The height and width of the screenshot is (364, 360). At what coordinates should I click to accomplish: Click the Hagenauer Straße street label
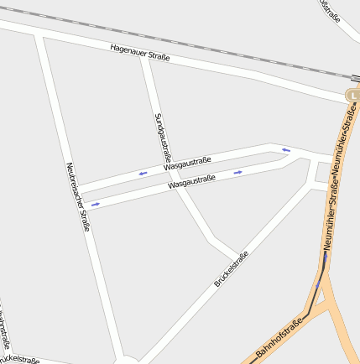pos(140,53)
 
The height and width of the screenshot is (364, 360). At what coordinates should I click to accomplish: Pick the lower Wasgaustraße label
pos(192,179)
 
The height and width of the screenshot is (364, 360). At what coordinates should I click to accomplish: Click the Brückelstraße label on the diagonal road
pos(232,269)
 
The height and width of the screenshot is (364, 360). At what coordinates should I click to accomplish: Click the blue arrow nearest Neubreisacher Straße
pos(96,204)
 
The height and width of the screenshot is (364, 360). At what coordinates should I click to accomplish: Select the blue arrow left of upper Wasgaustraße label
pos(143,173)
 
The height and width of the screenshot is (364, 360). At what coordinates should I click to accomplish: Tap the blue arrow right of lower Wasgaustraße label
pos(238,172)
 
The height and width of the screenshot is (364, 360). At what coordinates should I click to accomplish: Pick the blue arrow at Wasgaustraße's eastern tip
pos(286,150)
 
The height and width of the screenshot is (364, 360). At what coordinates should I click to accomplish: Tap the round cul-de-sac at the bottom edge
pos(127,360)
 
